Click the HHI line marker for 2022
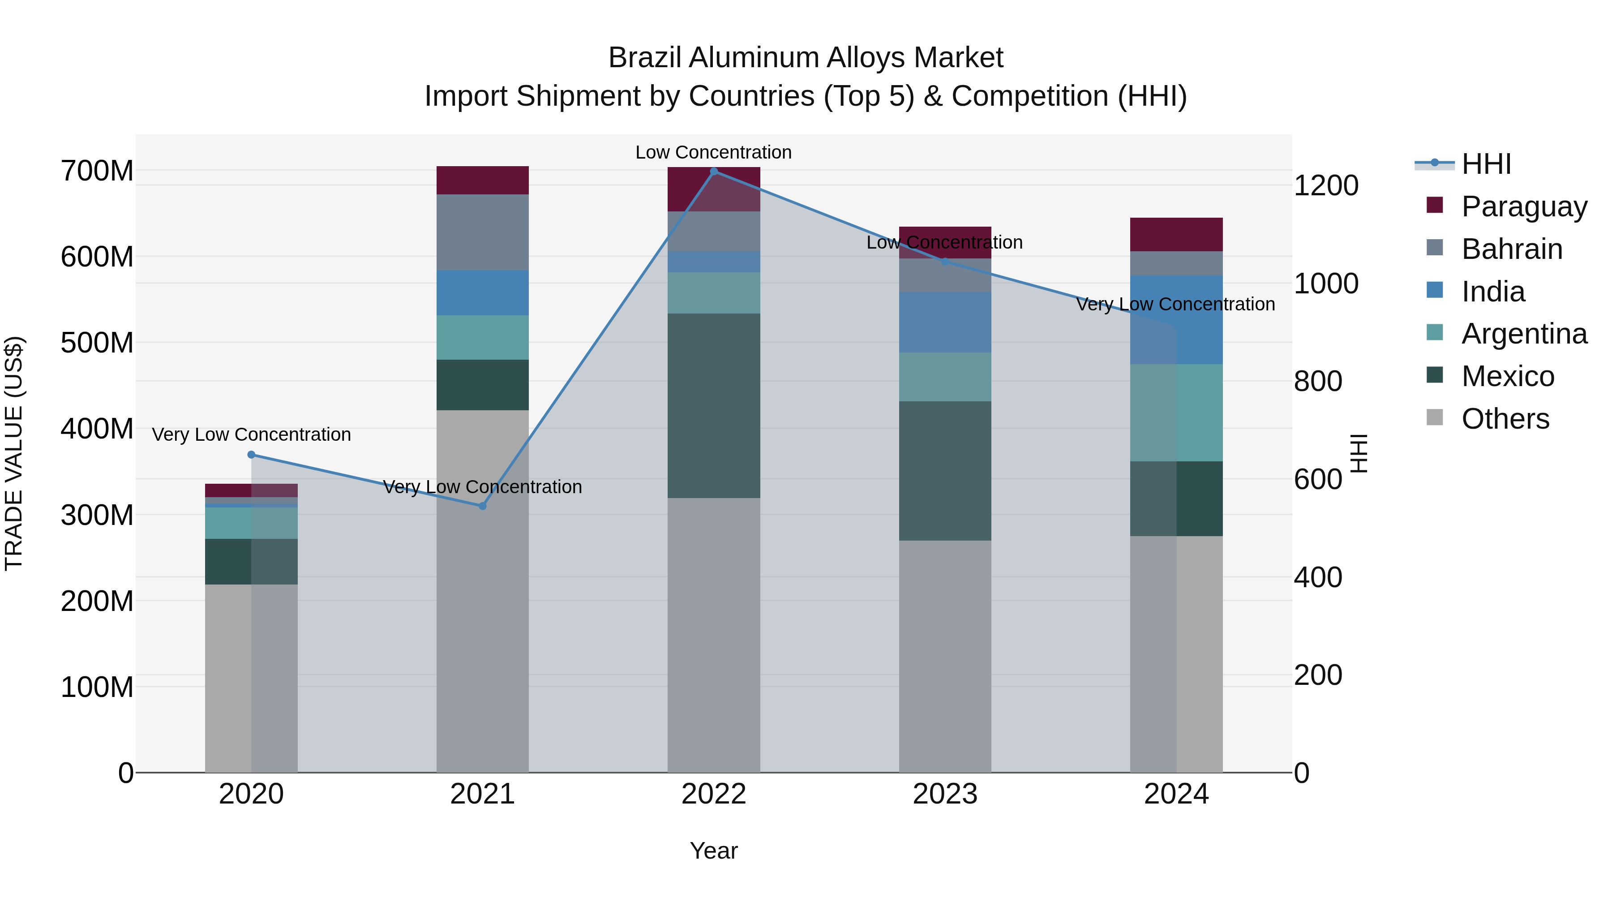pos(713,172)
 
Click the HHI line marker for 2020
pos(251,455)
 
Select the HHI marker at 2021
pos(482,506)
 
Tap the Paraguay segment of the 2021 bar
pos(482,180)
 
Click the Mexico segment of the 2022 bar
pos(713,406)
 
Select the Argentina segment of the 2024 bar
pos(1176,413)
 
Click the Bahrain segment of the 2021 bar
pos(482,232)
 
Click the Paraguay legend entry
pos(1524,206)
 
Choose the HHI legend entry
pos(1486,164)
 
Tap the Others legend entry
pos(1505,419)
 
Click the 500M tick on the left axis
pos(97,343)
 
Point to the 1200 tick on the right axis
pos(1325,186)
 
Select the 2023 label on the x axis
pos(945,794)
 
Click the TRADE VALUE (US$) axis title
pos(14,453)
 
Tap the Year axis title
pos(713,851)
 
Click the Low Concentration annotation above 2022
pos(713,152)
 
